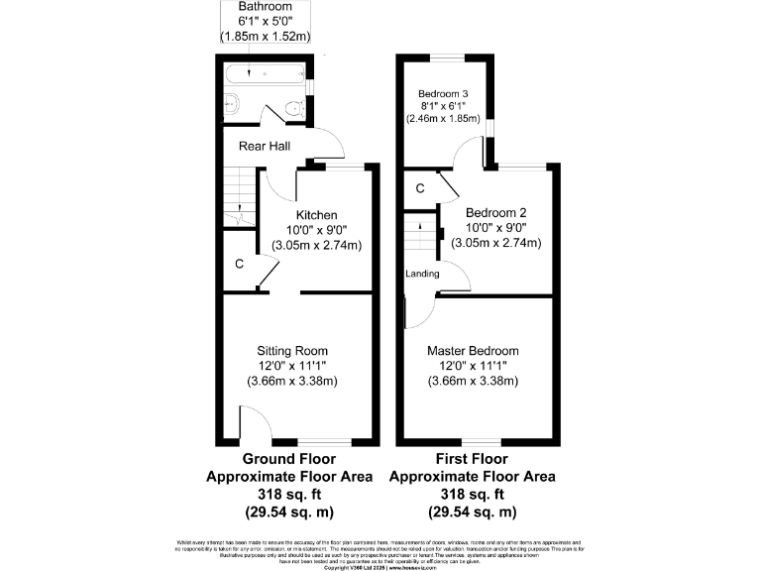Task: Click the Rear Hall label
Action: click(264, 146)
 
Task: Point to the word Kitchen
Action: click(317, 215)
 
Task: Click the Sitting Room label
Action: click(292, 351)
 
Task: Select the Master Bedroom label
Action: click(473, 351)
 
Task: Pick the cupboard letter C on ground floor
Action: click(239, 264)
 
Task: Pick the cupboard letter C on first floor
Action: click(420, 187)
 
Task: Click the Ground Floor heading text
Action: click(289, 460)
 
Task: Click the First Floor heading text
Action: click(472, 460)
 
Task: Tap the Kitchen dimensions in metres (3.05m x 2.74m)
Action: click(317, 245)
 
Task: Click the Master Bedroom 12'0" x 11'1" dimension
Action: click(473, 366)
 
